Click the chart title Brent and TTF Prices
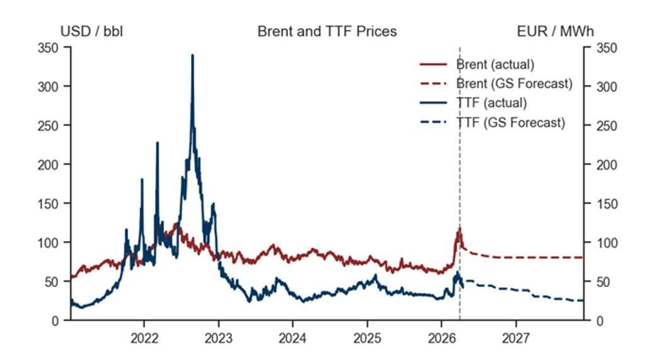coord(327,31)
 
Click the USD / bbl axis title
coord(91,31)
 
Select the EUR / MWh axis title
coord(554,31)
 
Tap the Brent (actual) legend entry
coord(495,64)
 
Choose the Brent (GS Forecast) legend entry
coord(513,83)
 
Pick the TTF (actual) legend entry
coord(491,103)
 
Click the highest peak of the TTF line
coord(192,55)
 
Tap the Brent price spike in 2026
coord(460,228)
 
